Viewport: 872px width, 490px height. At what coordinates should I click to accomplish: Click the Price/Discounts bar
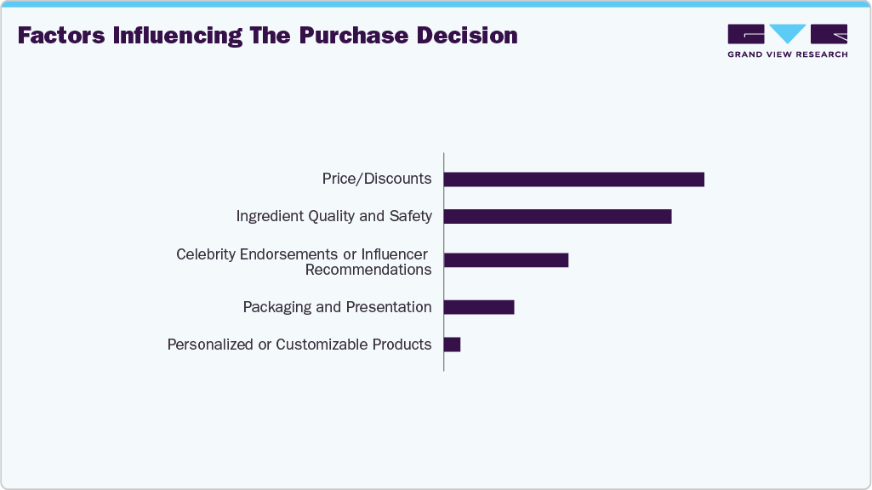click(x=574, y=179)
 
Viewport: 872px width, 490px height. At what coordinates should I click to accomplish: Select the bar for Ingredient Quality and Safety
click(x=557, y=216)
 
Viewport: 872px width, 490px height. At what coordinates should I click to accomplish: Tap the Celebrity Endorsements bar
click(x=506, y=260)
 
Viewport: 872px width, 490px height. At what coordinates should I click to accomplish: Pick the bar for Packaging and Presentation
click(x=479, y=307)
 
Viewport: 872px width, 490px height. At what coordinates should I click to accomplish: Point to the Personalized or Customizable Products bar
click(x=453, y=345)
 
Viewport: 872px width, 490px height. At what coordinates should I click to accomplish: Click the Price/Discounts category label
click(x=377, y=179)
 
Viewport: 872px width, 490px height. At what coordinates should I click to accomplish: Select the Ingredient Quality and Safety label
click(x=334, y=216)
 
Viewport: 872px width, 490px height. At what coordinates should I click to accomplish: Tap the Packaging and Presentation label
click(x=337, y=307)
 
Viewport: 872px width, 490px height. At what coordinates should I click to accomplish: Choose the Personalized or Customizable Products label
click(x=299, y=345)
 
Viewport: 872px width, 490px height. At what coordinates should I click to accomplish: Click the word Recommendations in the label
click(x=368, y=270)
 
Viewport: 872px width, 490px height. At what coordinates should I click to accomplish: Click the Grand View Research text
click(x=787, y=54)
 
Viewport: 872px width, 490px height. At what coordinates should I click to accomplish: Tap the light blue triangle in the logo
click(x=788, y=33)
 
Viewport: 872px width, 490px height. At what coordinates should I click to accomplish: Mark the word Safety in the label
click(x=411, y=216)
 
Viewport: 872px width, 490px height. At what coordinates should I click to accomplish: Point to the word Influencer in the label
click(x=394, y=254)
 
